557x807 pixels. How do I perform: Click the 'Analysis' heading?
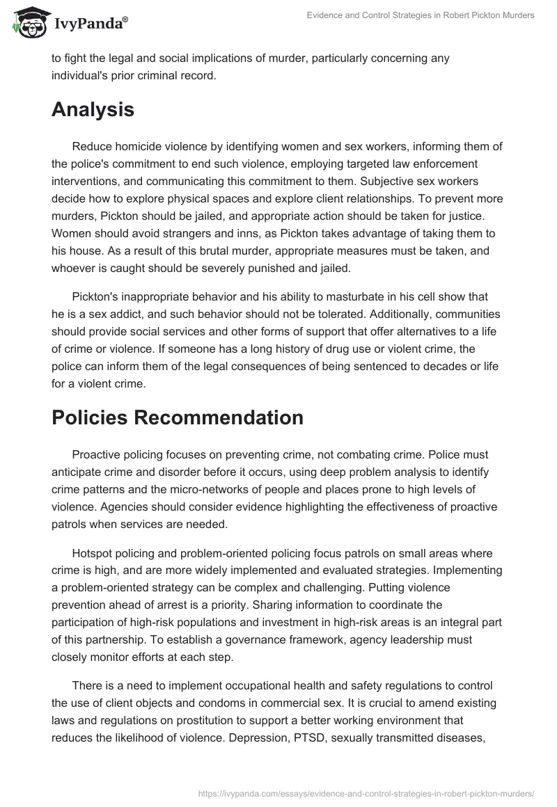pos(93,109)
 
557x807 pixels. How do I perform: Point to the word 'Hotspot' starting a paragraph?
pos(92,553)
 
